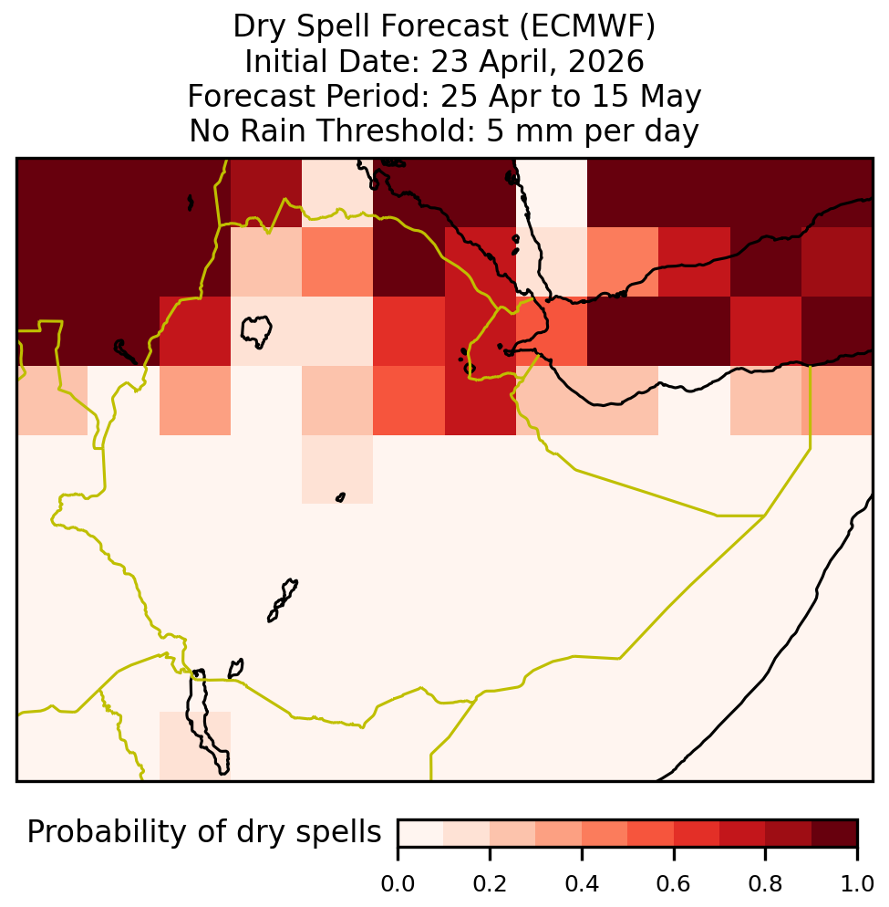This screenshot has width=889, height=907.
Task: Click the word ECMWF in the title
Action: point(587,26)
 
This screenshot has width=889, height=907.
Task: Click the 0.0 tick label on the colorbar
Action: point(398,884)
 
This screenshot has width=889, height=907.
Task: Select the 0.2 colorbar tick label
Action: point(490,884)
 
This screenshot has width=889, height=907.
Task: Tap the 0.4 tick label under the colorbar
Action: point(582,884)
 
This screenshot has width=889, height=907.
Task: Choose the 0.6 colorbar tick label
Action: point(674,884)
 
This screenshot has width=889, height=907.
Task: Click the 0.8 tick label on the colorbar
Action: point(765,884)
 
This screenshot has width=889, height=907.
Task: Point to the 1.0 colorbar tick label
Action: point(857,884)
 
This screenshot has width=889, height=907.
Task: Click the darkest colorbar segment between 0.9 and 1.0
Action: point(834,833)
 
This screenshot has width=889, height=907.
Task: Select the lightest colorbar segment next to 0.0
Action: point(421,833)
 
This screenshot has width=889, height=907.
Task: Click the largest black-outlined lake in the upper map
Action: point(256,331)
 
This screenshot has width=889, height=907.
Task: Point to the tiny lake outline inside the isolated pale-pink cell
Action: point(340,497)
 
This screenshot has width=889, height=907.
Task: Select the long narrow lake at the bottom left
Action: point(207,721)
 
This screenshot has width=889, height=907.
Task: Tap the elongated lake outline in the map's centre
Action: point(283,599)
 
